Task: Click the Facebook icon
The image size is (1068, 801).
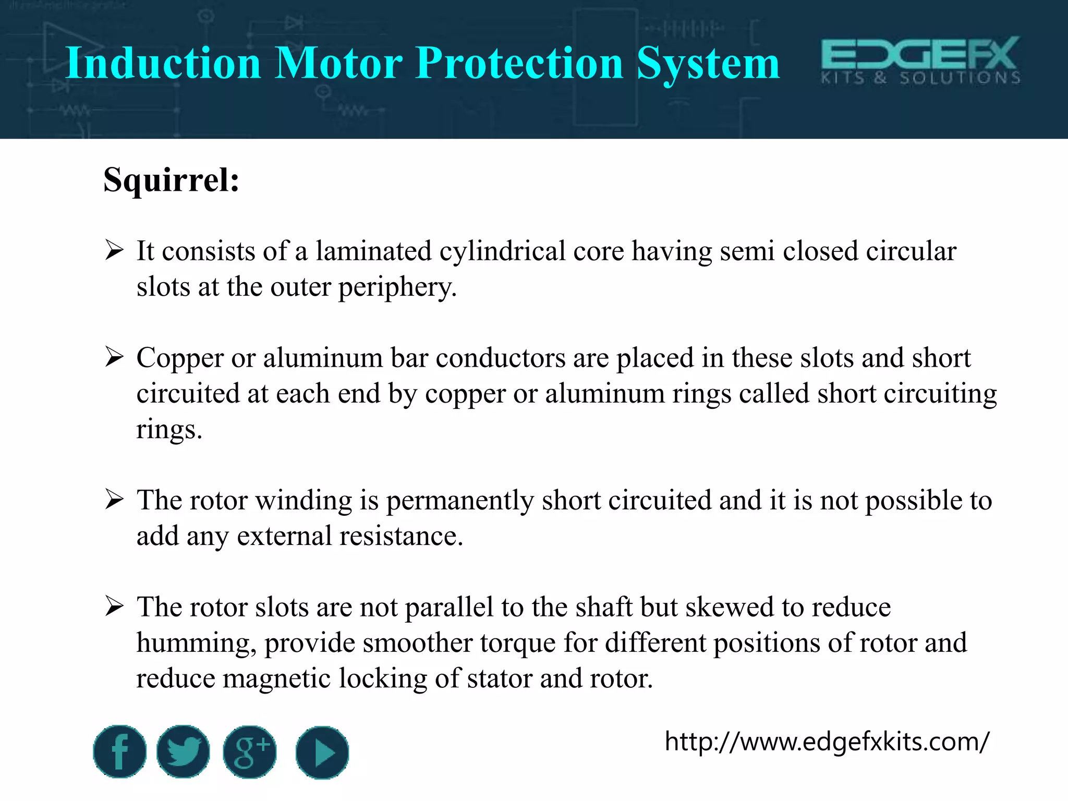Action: coord(120,751)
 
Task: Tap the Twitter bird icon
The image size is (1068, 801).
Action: coord(183,751)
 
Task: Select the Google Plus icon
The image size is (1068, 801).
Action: coord(250,752)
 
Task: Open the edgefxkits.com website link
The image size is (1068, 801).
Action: coord(827,741)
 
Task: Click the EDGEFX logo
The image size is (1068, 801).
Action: coord(920,60)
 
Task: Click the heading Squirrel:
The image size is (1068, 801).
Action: coord(172,180)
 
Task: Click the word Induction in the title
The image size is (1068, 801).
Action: coord(163,63)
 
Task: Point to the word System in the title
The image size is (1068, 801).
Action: coord(708,64)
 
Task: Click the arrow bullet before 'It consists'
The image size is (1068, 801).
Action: coord(114,250)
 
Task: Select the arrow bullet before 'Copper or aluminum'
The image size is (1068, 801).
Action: coord(114,357)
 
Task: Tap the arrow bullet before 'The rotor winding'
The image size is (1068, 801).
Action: coord(114,500)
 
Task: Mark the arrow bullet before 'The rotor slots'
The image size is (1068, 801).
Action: coord(114,606)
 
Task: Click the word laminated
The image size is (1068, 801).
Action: coord(373,251)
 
